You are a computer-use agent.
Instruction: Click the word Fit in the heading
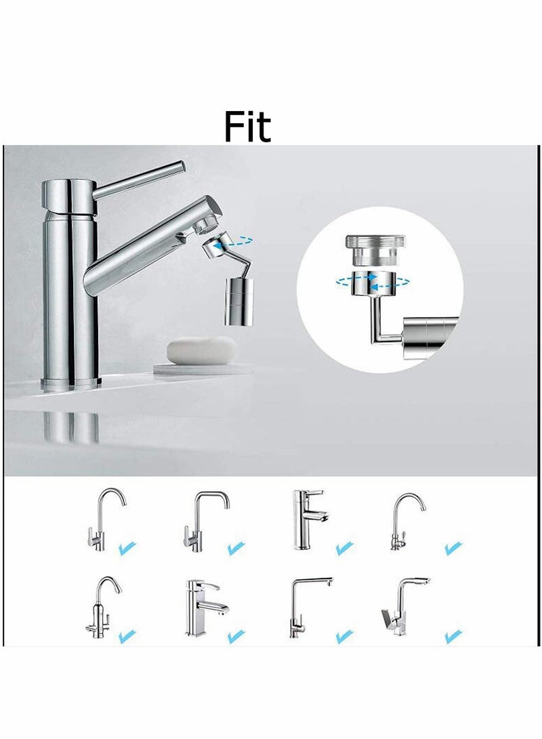248,127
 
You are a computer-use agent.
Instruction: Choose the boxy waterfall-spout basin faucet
203,606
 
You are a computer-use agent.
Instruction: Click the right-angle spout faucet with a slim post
305,606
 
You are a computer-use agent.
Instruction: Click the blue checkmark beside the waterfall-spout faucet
236,636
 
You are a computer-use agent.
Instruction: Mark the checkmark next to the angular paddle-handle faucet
453,636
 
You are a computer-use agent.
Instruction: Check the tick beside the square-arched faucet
236,547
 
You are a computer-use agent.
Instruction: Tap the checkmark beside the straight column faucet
345,547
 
